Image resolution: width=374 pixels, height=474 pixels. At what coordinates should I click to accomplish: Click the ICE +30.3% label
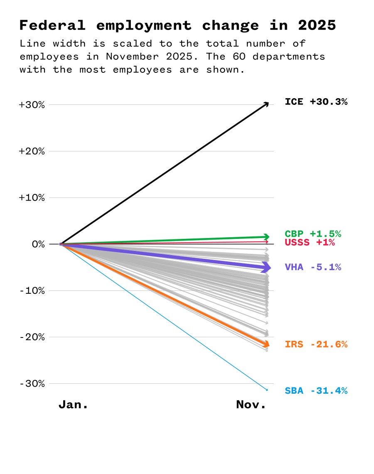[316, 102]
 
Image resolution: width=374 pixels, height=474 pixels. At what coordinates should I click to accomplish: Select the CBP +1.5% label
[312, 234]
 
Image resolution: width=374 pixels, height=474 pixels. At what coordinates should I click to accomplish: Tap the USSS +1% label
[310, 242]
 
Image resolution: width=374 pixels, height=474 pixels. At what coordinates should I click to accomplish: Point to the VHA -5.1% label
[313, 267]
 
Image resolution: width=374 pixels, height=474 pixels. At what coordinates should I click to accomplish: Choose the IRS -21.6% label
[316, 344]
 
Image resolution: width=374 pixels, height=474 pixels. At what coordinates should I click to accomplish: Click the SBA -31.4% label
[316, 391]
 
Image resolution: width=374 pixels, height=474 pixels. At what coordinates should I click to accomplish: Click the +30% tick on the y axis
[32, 105]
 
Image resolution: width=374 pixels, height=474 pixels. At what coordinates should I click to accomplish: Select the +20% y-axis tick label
[32, 151]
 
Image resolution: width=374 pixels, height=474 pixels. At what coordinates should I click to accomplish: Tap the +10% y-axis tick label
[32, 198]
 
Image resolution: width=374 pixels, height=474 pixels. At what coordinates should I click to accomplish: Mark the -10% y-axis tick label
[32, 290]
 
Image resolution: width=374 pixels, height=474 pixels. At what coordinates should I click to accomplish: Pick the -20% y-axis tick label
[32, 337]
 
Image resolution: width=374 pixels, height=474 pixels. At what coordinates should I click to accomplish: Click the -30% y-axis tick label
[32, 383]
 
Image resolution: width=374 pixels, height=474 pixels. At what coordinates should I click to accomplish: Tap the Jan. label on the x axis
[73, 405]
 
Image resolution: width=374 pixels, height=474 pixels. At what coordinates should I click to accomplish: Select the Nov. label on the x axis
[251, 405]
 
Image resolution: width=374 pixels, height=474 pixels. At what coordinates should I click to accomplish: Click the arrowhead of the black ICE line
[266, 104]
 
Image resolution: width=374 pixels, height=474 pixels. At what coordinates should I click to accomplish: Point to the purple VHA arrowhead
[266, 268]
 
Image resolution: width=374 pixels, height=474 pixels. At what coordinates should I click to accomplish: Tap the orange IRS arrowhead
[266, 344]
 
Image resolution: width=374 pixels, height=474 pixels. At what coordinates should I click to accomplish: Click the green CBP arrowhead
[266, 237]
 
